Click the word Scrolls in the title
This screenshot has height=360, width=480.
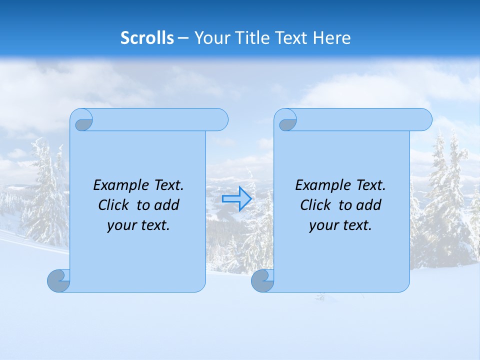[147, 37]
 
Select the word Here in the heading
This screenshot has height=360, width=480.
[332, 37]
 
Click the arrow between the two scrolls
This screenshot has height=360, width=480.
[236, 199]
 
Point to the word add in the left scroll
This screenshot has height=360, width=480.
[166, 205]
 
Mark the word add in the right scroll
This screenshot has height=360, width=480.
[368, 205]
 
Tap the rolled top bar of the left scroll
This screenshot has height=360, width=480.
[155, 119]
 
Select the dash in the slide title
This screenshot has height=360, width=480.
[183, 38]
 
